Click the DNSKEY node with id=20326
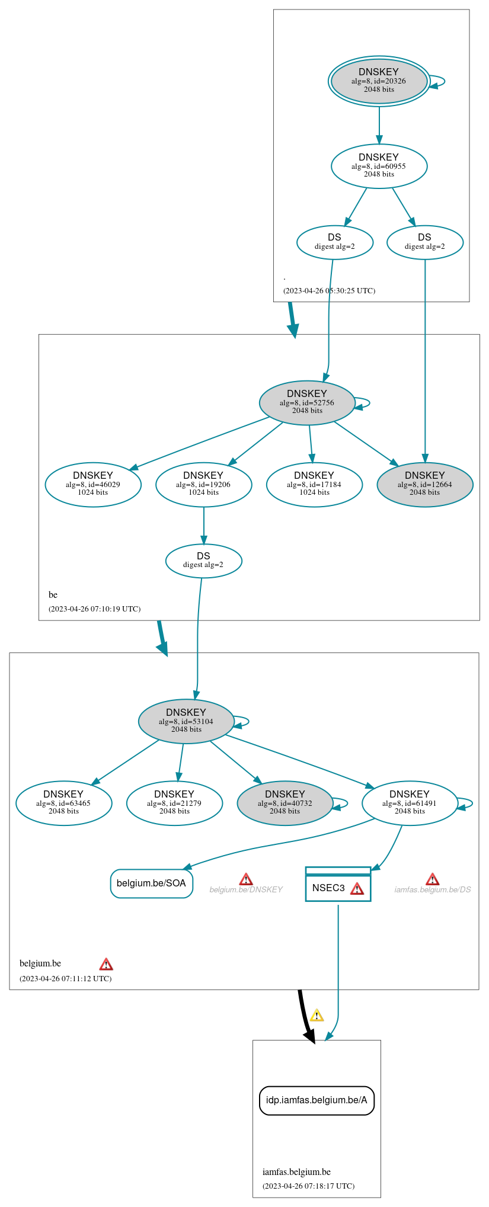point(379,81)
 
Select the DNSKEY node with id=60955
point(379,166)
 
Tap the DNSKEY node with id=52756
point(307,402)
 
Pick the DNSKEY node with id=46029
point(93,484)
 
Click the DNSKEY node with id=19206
point(203,484)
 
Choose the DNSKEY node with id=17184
point(314,484)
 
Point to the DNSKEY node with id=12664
point(424,484)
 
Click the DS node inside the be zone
point(203,561)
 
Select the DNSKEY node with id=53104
point(186,721)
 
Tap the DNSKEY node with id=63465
point(63,803)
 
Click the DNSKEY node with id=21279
point(174,803)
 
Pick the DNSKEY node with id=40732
point(285,803)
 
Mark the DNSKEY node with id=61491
point(410,803)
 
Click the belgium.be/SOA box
point(151,883)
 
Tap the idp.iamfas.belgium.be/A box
point(317,1100)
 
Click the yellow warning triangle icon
point(317,1016)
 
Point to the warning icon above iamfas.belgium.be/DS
point(433,879)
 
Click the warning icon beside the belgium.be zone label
point(106,964)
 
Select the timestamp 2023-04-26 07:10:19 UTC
point(95,609)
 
